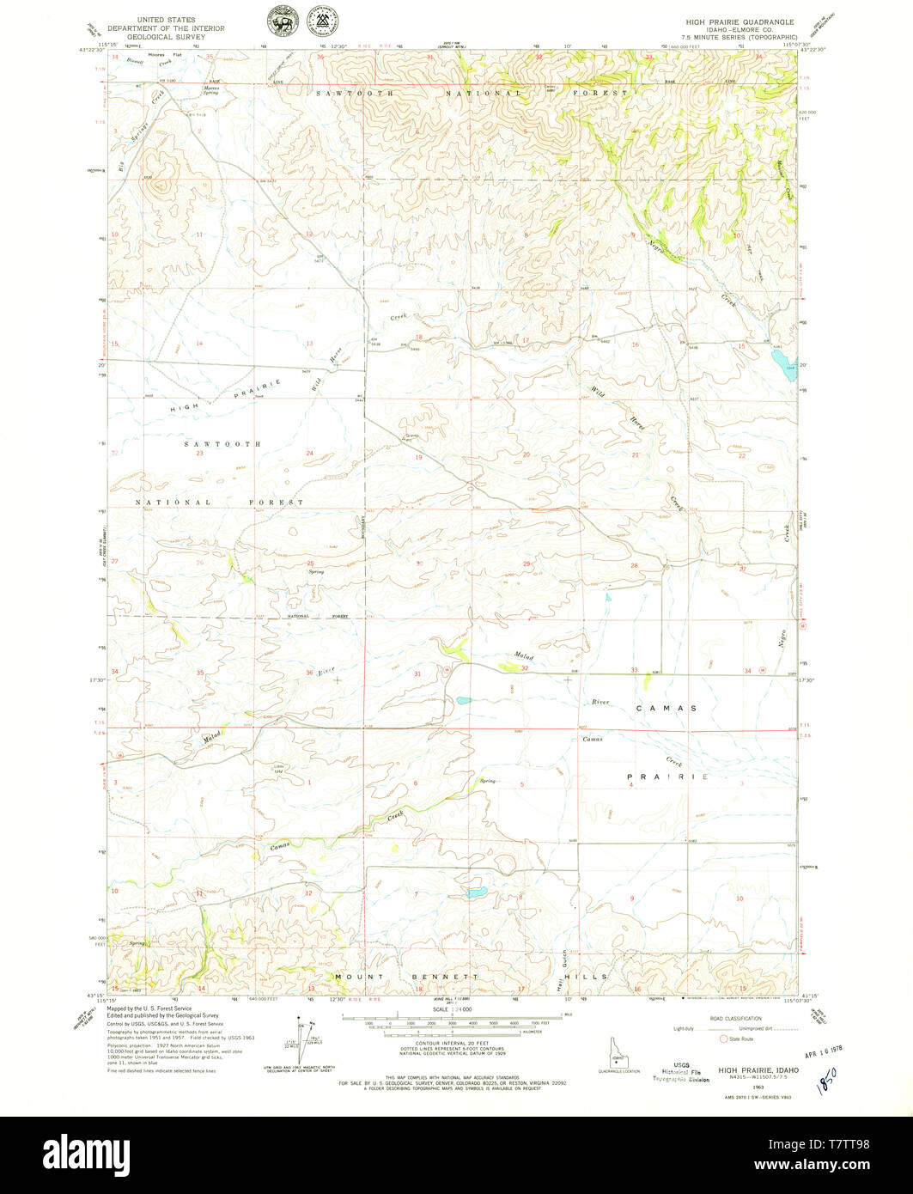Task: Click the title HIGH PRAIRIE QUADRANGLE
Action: [740, 21]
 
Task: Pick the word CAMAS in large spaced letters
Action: [666, 708]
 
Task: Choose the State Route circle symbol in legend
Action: [723, 1039]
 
